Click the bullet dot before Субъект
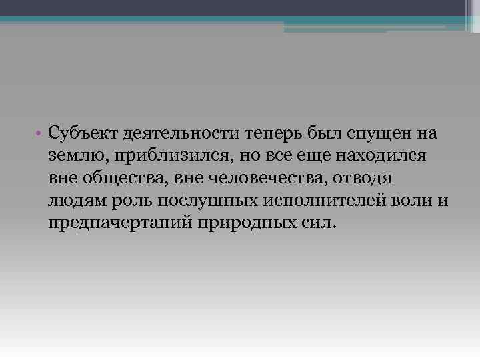(41, 133)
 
